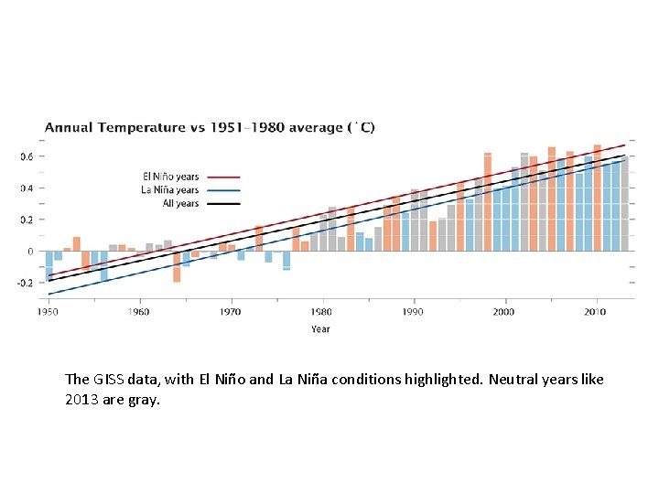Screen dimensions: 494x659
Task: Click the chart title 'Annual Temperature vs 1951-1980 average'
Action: (x=210, y=127)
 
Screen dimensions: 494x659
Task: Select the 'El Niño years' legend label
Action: (x=170, y=177)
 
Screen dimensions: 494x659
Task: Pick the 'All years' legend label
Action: (x=180, y=203)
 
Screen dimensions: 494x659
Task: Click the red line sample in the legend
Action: (x=222, y=177)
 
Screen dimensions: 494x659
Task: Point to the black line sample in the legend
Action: (x=222, y=203)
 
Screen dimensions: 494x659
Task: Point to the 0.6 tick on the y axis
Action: (x=27, y=156)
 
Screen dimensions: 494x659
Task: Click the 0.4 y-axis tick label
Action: (x=27, y=188)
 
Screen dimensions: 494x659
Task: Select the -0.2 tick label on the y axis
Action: (x=25, y=283)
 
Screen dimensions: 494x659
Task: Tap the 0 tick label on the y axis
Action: (x=30, y=252)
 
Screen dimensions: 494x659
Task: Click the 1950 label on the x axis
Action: (x=48, y=312)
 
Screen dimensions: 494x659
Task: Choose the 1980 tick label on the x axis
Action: (x=321, y=312)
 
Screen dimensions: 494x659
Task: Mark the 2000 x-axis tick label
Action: (x=503, y=312)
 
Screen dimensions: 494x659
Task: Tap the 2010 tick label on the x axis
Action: (x=595, y=312)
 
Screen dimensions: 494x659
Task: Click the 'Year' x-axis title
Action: (x=320, y=328)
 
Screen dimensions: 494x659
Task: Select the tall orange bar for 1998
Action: (x=488, y=201)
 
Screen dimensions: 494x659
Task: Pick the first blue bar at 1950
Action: (x=49, y=265)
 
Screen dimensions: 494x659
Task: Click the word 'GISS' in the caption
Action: (x=105, y=379)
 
